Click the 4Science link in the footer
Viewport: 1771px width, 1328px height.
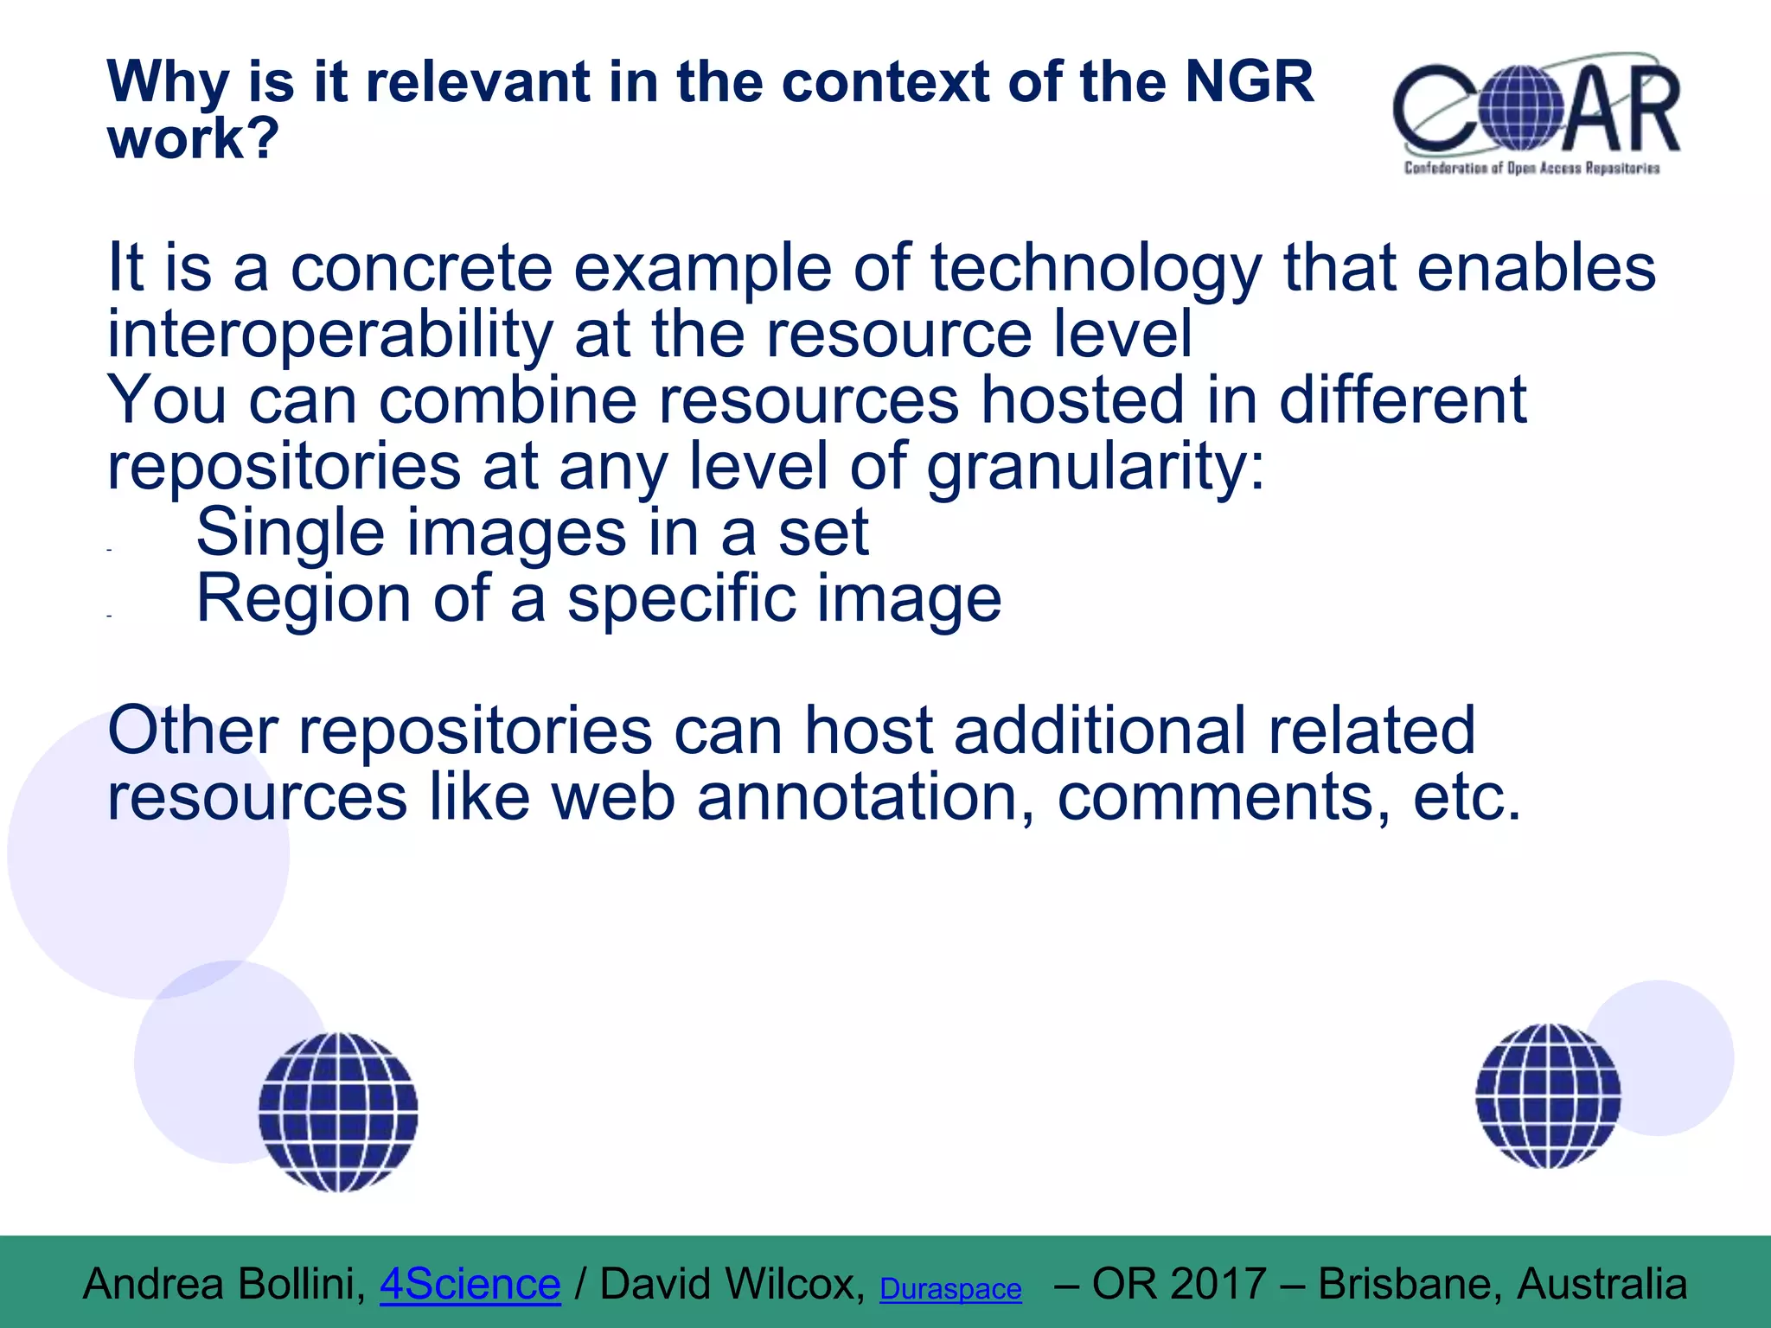(470, 1284)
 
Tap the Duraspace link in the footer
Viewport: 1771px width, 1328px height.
(949, 1289)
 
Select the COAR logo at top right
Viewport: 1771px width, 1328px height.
(1535, 108)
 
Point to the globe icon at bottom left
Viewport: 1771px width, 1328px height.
(338, 1112)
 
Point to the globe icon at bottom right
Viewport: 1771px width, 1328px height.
(1548, 1095)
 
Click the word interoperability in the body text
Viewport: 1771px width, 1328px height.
(329, 335)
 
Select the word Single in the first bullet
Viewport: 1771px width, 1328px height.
(290, 533)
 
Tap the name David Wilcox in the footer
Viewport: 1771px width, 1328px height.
(732, 1284)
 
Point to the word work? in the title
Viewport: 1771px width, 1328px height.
(193, 138)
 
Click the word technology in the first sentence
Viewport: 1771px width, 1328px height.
(1096, 268)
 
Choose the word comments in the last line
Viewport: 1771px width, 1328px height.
(1224, 797)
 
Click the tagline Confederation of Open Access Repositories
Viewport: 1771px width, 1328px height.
(1531, 168)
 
